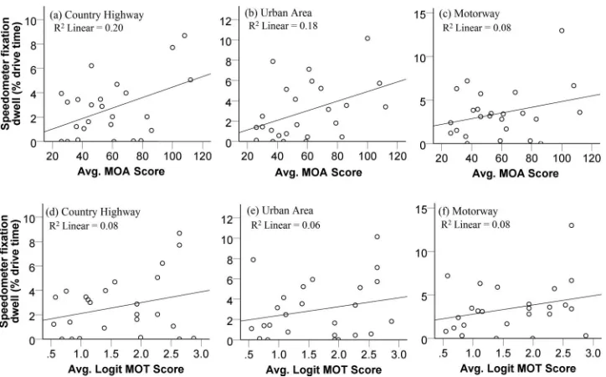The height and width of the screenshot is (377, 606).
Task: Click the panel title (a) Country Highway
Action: coord(96,15)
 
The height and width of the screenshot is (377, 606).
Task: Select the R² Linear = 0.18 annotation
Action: coord(283,26)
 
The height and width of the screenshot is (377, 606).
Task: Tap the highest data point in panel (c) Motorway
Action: coord(562,30)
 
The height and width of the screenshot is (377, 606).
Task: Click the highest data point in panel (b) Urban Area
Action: coord(367,39)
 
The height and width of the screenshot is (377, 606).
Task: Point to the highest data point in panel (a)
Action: coord(184,35)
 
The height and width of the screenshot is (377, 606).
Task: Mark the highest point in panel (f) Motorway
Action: coord(571,225)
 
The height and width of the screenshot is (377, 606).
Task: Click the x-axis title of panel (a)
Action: coord(121,171)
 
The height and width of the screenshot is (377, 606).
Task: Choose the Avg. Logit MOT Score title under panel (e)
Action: coord(323,370)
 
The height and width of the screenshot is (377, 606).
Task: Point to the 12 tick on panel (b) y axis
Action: coord(226,21)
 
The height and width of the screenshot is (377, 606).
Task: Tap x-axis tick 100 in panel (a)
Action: coord(172,156)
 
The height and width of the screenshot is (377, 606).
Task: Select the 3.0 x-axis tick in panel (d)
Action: coord(201,354)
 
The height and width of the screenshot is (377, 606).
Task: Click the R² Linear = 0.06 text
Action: coord(285,225)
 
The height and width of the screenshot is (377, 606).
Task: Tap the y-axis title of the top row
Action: coord(11,76)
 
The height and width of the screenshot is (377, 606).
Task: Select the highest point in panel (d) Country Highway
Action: coord(179,233)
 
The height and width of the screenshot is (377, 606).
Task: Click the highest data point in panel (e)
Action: coord(377,236)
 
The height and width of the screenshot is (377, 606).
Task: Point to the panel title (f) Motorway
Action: coord(468,211)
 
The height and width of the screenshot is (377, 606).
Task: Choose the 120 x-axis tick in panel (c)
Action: coord(592,158)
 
